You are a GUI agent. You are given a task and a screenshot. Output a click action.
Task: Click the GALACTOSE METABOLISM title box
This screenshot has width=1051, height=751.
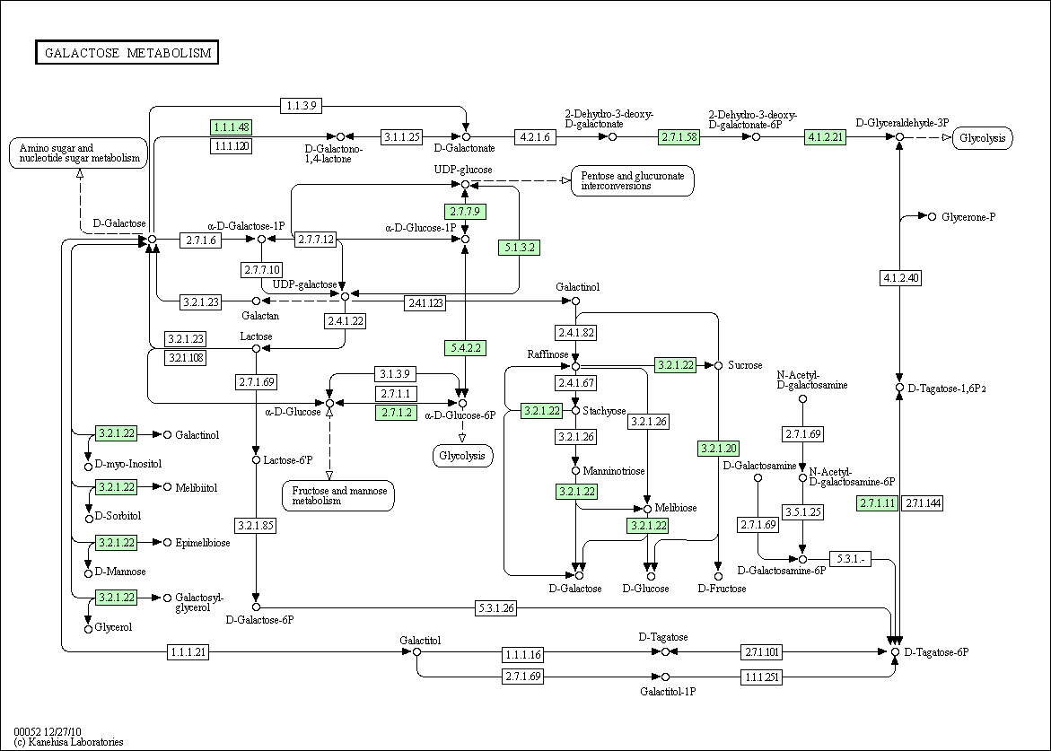127,52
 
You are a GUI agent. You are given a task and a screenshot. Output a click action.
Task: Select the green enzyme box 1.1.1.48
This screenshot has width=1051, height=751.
231,127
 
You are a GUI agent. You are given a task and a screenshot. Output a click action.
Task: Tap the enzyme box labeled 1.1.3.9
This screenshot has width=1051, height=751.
302,105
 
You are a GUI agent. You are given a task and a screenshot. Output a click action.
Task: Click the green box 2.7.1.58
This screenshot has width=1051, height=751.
679,136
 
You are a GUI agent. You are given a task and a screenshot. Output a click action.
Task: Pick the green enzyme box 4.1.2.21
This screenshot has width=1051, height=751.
825,136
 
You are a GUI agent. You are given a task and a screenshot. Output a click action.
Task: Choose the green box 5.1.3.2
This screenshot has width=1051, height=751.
520,248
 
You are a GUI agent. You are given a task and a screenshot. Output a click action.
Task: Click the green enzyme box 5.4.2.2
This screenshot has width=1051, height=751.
465,348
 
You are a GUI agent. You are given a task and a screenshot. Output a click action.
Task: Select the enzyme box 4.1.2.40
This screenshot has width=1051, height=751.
900,277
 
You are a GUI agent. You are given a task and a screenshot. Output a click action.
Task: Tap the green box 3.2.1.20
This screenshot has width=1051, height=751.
719,449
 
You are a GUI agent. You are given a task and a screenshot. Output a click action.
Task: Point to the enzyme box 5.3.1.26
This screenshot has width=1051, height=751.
496,608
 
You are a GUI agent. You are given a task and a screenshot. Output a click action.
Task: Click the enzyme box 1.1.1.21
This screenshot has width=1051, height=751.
188,651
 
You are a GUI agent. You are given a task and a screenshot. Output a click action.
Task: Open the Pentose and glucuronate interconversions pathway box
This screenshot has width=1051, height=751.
633,181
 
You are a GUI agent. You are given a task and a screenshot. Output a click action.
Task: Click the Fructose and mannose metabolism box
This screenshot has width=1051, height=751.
338,496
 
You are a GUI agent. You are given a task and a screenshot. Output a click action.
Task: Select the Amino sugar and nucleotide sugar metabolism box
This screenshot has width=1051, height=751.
78,153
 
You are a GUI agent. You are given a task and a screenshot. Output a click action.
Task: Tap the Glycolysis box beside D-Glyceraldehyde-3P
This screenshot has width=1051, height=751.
983,138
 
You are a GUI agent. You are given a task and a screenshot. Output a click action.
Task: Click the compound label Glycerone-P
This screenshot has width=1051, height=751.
968,217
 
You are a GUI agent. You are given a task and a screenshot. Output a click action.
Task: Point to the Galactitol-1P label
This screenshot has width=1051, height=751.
668,691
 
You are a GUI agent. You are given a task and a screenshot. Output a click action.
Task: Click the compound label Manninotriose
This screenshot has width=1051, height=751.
613,471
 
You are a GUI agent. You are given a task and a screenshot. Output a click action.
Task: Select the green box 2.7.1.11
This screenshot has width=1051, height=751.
878,502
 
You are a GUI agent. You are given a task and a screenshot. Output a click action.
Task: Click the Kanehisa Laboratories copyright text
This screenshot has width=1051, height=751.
68,742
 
